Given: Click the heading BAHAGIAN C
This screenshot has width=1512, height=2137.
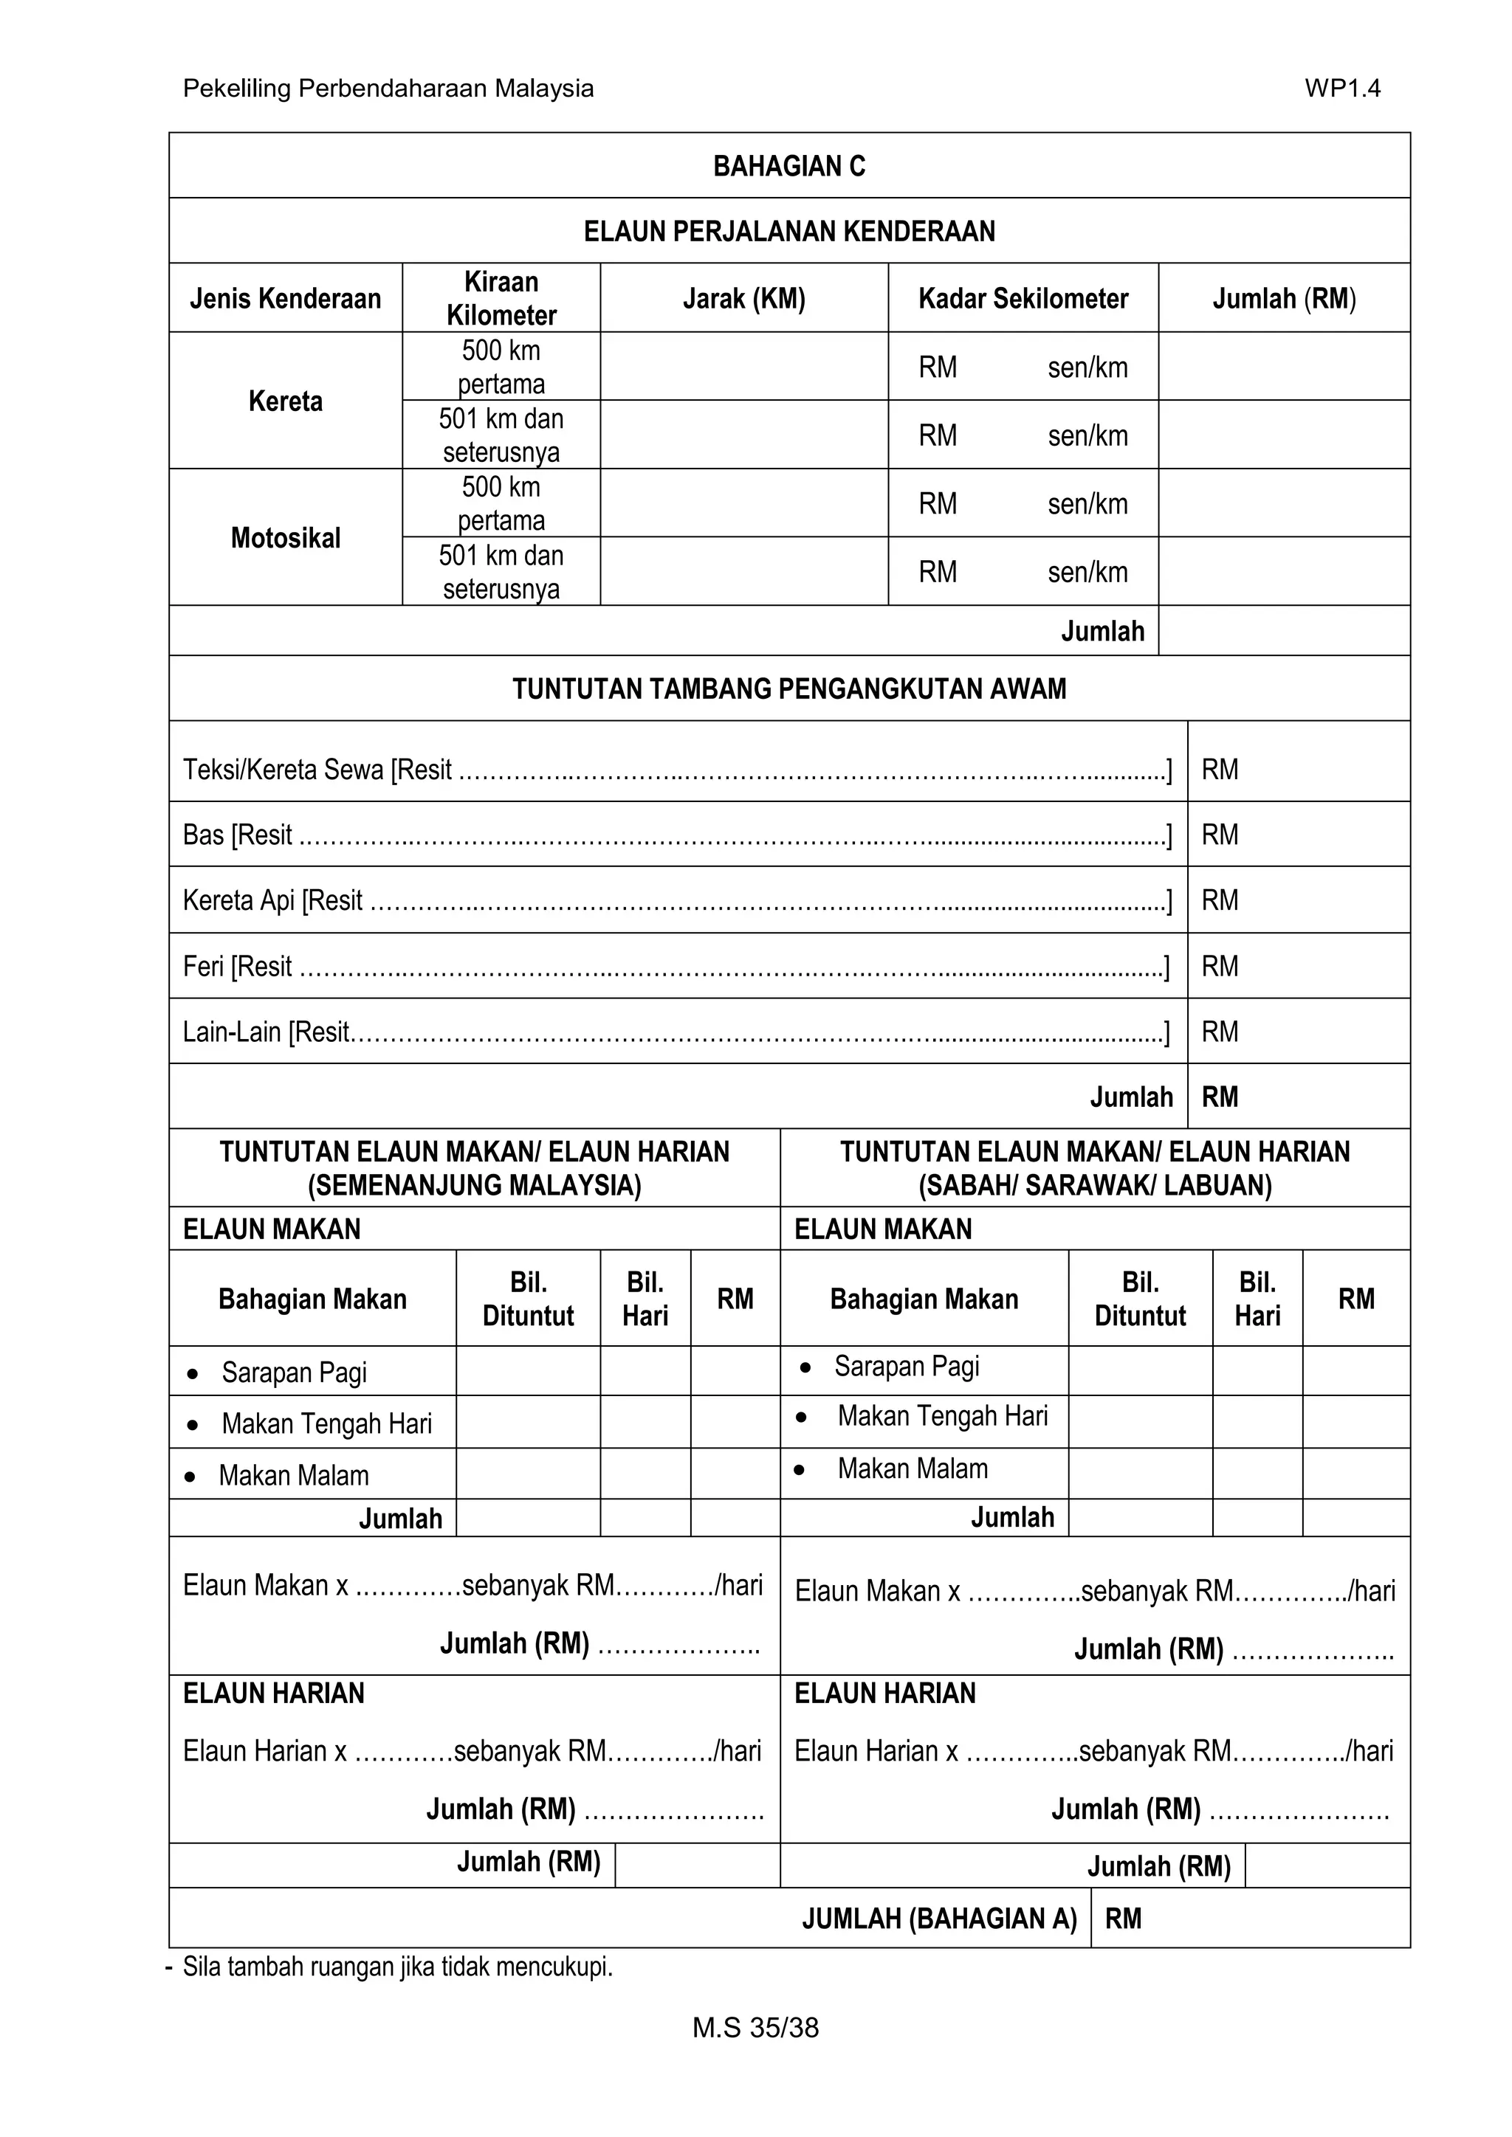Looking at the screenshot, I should pyautogui.click(x=788, y=166).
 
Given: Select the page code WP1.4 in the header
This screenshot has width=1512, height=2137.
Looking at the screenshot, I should pyautogui.click(x=1341, y=89).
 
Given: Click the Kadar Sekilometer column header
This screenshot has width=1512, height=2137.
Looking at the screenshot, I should pyautogui.click(x=1023, y=299).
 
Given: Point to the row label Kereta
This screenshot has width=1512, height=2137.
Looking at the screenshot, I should pyautogui.click(x=285, y=401).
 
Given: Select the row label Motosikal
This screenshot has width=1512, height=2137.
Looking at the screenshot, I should pyautogui.click(x=285, y=538).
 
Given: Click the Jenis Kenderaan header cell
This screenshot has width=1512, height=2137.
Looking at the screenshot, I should pyautogui.click(x=285, y=299).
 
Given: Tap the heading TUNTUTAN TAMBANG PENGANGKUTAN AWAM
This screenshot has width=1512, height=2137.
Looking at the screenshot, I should pyautogui.click(x=788, y=688).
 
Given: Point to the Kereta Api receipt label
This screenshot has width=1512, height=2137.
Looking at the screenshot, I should pyautogui.click(x=272, y=901).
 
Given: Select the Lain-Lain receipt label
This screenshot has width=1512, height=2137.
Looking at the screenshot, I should pyautogui.click(x=265, y=1032).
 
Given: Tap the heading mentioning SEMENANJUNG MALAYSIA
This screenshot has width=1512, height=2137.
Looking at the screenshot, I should pyautogui.click(x=474, y=1168).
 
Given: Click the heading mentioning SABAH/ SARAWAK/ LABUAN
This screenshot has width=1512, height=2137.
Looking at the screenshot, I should pyautogui.click(x=1094, y=1168).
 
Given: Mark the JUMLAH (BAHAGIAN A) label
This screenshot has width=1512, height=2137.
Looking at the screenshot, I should pyautogui.click(x=938, y=1919).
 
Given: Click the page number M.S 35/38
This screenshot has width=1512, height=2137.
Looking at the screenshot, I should pyautogui.click(x=755, y=2027).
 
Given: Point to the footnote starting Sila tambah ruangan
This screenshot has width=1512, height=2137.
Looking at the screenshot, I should pyautogui.click(x=396, y=1967).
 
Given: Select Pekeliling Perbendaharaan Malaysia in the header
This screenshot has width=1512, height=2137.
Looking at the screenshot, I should pyautogui.click(x=388, y=89).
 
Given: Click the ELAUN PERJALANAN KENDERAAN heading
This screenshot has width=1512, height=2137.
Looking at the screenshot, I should pyautogui.click(x=788, y=231).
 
